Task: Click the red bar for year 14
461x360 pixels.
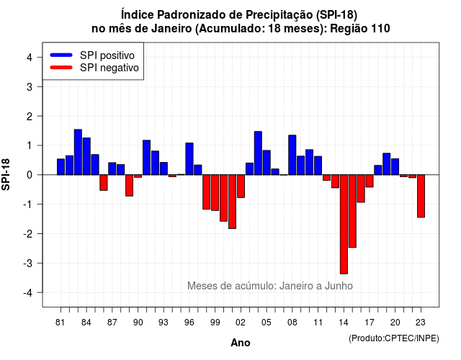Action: click(x=344, y=224)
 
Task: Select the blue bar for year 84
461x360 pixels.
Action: click(x=86, y=156)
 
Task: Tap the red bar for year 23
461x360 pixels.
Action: click(x=421, y=196)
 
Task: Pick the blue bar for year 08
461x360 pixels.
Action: click(x=292, y=155)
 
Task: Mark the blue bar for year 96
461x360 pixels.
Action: click(x=189, y=158)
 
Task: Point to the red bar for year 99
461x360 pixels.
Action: click(x=215, y=192)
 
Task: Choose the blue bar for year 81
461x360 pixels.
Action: click(x=61, y=166)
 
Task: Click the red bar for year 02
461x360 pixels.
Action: click(x=241, y=186)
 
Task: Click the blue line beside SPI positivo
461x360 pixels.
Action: click(x=61, y=55)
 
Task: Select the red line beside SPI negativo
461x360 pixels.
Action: click(x=61, y=67)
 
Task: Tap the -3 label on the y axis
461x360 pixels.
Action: click(x=28, y=263)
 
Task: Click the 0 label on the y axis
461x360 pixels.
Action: click(x=30, y=175)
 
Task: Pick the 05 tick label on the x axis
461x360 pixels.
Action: click(x=267, y=323)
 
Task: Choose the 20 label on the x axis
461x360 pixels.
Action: click(x=395, y=323)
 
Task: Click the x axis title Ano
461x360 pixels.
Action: click(x=241, y=343)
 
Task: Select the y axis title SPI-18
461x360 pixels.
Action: click(x=6, y=174)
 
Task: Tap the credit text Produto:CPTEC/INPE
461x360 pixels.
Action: click(x=394, y=338)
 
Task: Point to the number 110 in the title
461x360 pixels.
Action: click(x=380, y=29)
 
